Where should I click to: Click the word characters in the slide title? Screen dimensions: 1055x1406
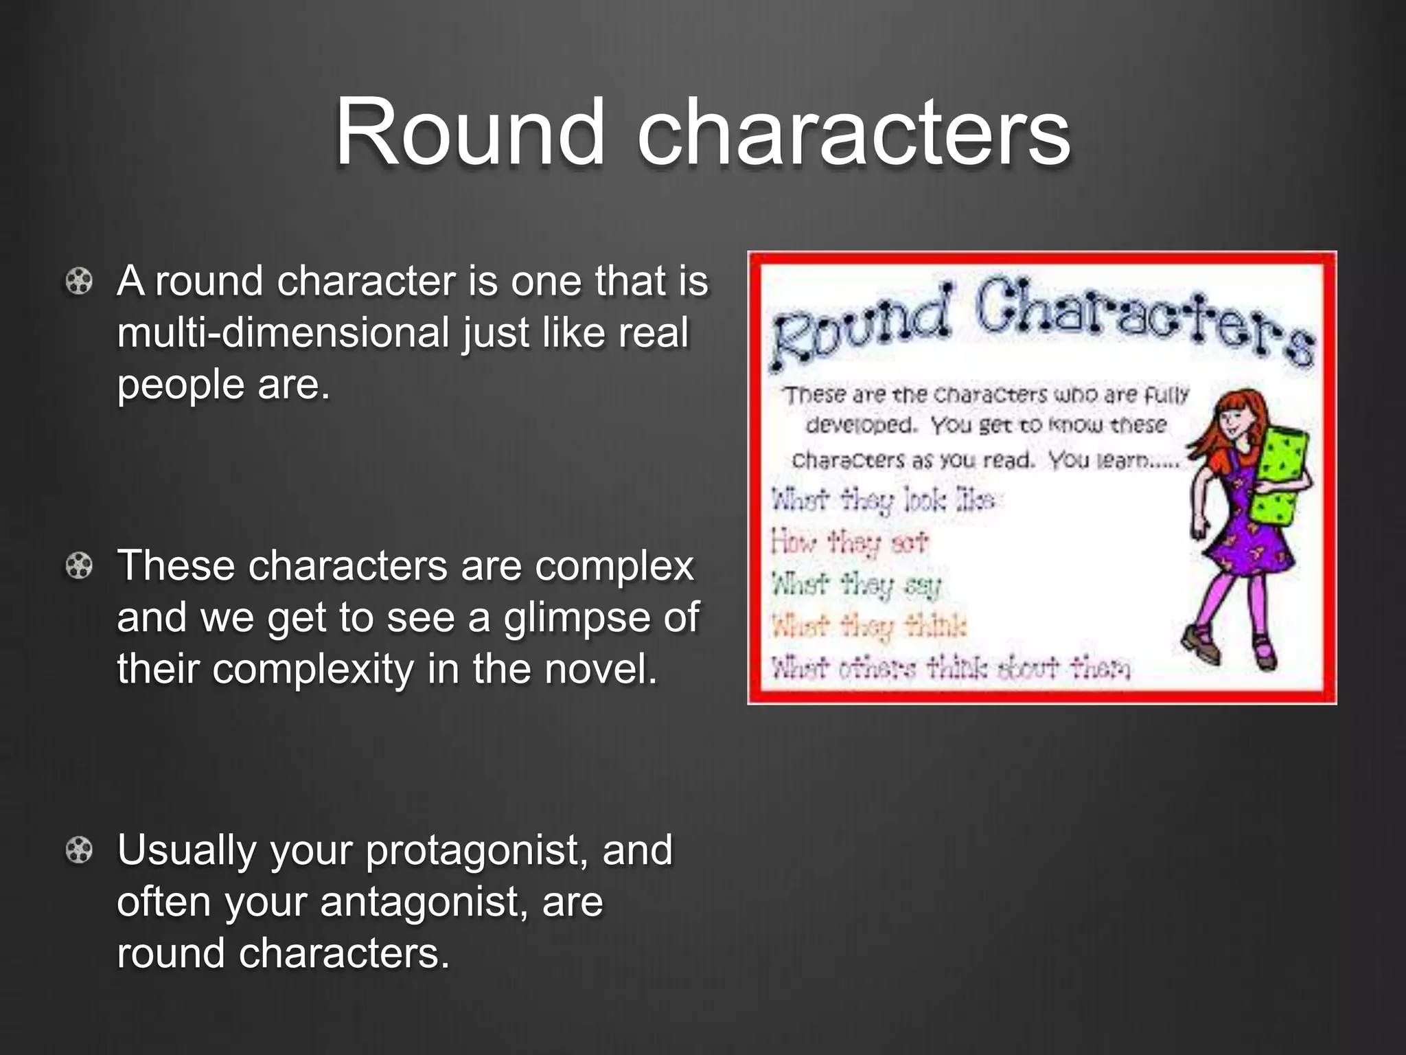point(853,132)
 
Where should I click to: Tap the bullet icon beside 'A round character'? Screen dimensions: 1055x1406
point(80,282)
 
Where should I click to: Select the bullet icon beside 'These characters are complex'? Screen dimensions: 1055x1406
point(80,567)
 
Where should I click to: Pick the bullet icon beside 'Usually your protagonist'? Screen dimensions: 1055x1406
point(80,851)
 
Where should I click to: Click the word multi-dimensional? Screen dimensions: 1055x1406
point(283,332)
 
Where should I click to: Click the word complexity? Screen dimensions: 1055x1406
point(313,670)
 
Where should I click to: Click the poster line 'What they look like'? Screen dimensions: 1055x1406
point(883,500)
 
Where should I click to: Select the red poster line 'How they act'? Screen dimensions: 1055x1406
point(850,543)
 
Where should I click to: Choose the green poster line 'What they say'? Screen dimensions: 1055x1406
point(855,585)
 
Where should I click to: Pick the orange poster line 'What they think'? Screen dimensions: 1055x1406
point(869,626)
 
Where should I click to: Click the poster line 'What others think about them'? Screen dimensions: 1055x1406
point(950,668)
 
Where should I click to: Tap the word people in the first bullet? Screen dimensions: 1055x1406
point(180,385)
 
